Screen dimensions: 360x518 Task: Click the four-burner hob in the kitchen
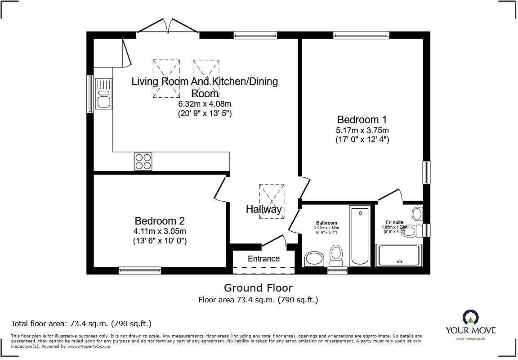pos(143,162)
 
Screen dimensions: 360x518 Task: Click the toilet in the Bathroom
pos(336,255)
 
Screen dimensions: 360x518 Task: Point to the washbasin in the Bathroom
pos(314,259)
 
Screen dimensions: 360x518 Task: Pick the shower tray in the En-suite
pos(400,255)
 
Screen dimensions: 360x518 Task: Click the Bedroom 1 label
pos(362,120)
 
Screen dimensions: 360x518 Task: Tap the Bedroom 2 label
pos(160,221)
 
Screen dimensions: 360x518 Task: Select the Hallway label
pos(263,209)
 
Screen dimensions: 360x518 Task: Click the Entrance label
pos(263,259)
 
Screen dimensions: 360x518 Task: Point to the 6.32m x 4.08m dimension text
pos(205,104)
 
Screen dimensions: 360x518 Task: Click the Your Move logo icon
pos(470,318)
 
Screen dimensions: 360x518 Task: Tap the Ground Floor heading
pos(258,288)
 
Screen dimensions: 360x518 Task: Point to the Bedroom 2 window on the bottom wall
pos(139,270)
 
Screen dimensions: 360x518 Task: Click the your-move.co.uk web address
pos(470,338)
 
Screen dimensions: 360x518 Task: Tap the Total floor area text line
pos(81,323)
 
